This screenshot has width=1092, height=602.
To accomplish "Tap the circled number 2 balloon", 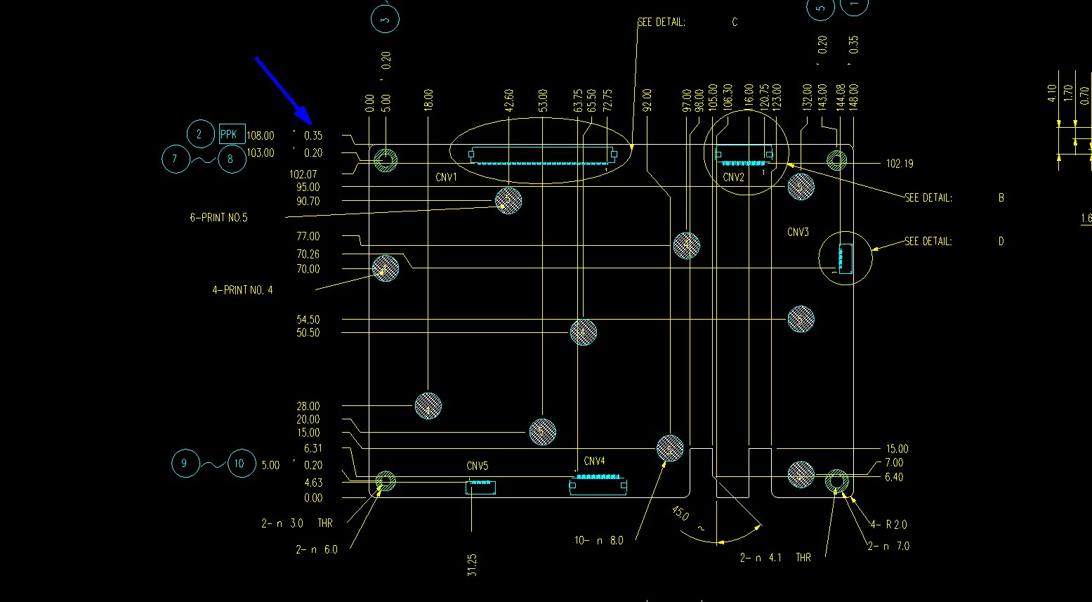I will click(199, 134).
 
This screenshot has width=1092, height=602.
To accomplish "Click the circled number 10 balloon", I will click(240, 464).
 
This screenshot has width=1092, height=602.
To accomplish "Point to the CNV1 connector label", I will click(446, 178).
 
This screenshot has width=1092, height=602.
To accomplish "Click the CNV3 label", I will click(798, 233).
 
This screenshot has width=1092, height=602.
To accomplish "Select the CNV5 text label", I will click(477, 466).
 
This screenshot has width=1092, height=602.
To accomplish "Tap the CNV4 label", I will click(594, 462).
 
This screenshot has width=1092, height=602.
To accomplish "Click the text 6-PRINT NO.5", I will click(218, 218).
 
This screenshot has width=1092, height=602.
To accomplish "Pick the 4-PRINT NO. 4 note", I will click(242, 290).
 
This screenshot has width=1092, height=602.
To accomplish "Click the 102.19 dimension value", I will click(900, 164).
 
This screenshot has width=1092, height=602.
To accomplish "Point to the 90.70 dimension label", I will click(308, 202).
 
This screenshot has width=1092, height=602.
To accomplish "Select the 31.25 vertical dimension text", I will click(472, 565).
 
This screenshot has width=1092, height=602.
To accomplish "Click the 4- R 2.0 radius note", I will click(890, 525).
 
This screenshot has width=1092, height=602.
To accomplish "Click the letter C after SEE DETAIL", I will click(735, 22).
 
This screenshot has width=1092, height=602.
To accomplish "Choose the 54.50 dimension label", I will click(308, 320).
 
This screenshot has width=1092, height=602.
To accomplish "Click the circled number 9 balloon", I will click(185, 463).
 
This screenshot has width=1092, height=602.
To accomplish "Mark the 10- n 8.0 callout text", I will click(598, 541).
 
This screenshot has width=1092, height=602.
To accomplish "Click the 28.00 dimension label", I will click(308, 406).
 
